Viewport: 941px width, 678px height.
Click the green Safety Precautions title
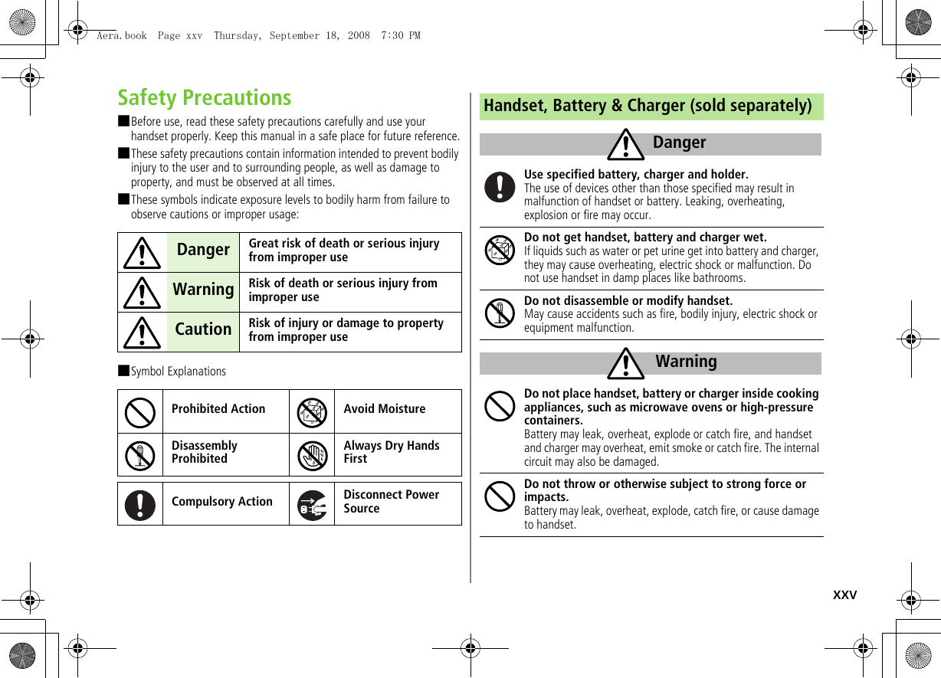point(205,98)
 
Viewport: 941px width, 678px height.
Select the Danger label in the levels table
point(203,250)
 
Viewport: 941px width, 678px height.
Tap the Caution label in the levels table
point(203,329)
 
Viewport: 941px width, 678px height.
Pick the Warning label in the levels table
point(203,290)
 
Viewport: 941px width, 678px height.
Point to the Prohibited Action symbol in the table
point(140,412)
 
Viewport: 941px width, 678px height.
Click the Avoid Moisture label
point(384,409)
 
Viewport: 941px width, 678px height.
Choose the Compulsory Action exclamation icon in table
point(140,504)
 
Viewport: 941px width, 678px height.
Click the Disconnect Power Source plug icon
point(312,504)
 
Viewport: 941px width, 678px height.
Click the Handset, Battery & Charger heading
point(648,106)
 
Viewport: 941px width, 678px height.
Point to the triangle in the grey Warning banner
point(625,363)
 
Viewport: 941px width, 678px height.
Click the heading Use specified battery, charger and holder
point(636,175)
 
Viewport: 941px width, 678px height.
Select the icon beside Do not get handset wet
point(500,251)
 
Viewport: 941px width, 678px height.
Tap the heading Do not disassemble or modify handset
point(628,300)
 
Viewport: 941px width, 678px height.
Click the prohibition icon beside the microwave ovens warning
point(500,406)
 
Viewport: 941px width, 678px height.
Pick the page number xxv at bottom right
point(844,595)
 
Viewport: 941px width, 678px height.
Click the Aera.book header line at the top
point(258,35)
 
